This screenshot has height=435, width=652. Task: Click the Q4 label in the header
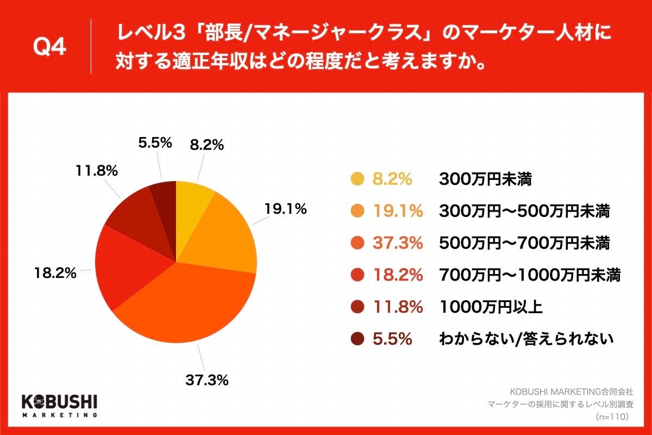49,47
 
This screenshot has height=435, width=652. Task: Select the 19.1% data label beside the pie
286,208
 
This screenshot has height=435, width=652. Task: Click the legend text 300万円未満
485,179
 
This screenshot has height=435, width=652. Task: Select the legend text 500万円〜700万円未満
524,243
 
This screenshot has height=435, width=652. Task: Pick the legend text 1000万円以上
491,307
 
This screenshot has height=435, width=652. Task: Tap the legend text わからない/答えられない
526,339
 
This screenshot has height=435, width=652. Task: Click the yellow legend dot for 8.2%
357,179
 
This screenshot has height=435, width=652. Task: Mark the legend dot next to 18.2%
357,275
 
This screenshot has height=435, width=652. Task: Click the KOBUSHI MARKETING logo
59,405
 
